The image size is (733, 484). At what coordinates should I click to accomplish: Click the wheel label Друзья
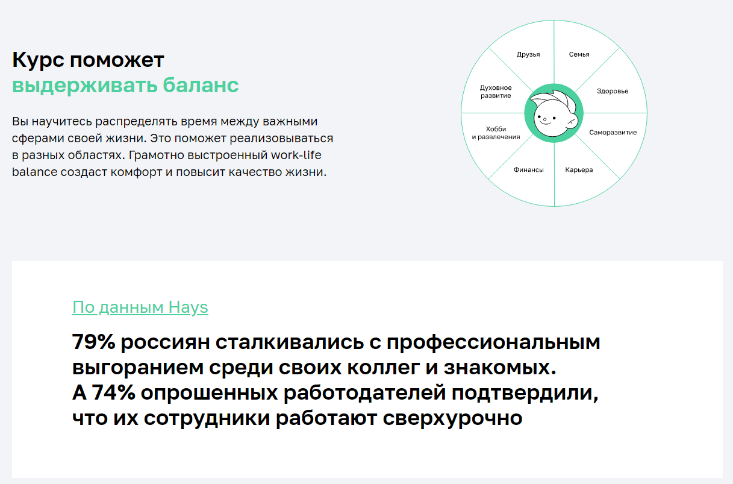(528, 54)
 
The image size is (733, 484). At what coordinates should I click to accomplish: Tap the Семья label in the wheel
(579, 54)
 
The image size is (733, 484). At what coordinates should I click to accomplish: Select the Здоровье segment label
(613, 91)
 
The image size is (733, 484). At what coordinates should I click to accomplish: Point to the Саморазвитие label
(613, 133)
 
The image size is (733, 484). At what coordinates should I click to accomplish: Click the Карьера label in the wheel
(579, 170)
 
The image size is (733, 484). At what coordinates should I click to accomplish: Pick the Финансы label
(528, 170)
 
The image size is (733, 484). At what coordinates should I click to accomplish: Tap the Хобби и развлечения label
(496, 133)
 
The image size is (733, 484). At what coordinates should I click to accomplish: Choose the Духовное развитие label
(496, 92)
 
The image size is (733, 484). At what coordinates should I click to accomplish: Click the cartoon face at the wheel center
(551, 118)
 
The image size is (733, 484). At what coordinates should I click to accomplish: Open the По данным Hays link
(140, 307)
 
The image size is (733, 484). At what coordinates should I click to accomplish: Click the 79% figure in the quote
(93, 342)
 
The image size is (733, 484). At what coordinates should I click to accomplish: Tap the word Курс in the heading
(37, 60)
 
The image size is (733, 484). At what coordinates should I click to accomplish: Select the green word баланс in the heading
(201, 85)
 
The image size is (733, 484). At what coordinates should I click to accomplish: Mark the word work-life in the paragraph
(296, 155)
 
